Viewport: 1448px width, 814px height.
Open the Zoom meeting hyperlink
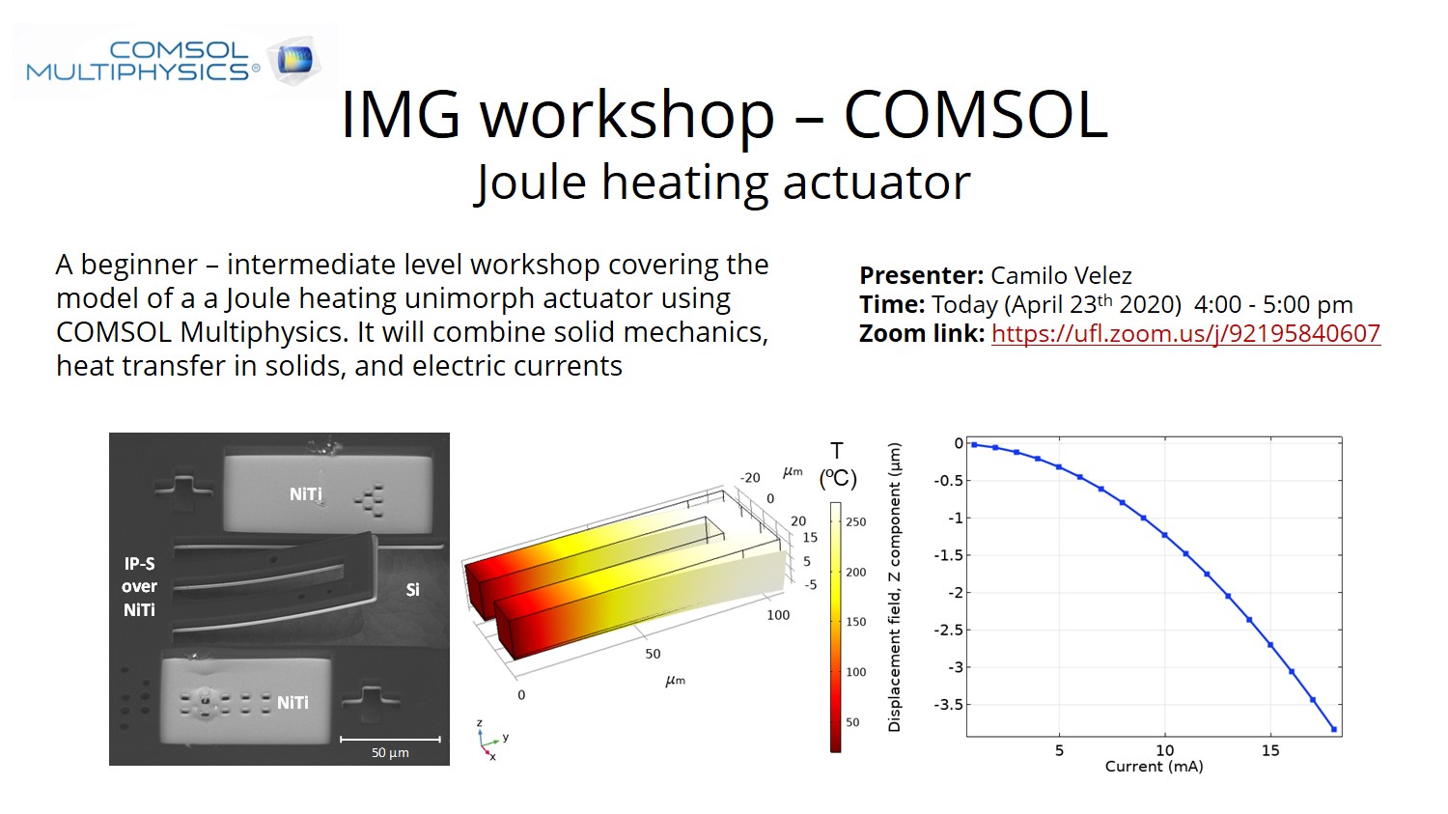pos(1185,334)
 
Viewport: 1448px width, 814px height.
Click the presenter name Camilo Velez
pos(1061,276)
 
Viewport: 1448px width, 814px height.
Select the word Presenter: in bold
pos(922,276)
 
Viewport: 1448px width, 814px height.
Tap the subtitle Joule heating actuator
pos(722,182)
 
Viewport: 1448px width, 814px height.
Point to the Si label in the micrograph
pos(412,590)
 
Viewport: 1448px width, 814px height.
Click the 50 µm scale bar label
pos(390,752)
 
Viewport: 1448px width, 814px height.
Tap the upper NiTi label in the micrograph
pos(305,494)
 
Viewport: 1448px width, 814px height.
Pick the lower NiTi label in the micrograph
pos(292,703)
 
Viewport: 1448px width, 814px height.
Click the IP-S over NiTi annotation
pos(139,586)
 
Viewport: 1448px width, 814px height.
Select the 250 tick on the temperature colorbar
pos(856,522)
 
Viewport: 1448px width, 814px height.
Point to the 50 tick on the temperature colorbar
pos(852,722)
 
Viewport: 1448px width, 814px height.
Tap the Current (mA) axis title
pos(1154,767)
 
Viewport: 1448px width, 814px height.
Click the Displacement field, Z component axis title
pos(894,587)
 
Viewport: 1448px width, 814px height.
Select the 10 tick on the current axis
pos(1164,750)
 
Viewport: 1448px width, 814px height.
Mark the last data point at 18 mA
pos(1333,729)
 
